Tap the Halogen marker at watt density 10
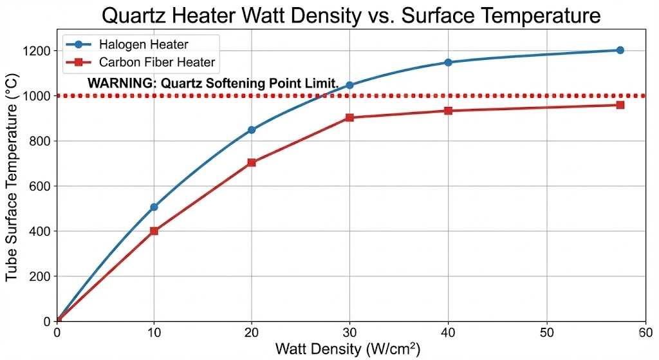(x=154, y=207)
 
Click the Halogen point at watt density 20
(x=252, y=130)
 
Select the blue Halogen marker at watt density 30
(x=349, y=85)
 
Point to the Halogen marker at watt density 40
(x=448, y=62)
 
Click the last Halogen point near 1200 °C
(x=620, y=50)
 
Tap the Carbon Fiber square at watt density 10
(x=154, y=231)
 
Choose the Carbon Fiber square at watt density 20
(x=252, y=162)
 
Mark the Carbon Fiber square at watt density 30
(x=349, y=118)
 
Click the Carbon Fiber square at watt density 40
(x=448, y=111)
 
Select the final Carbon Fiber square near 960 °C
(x=620, y=104)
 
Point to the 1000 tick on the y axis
(x=39, y=96)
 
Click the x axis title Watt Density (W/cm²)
(x=348, y=349)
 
